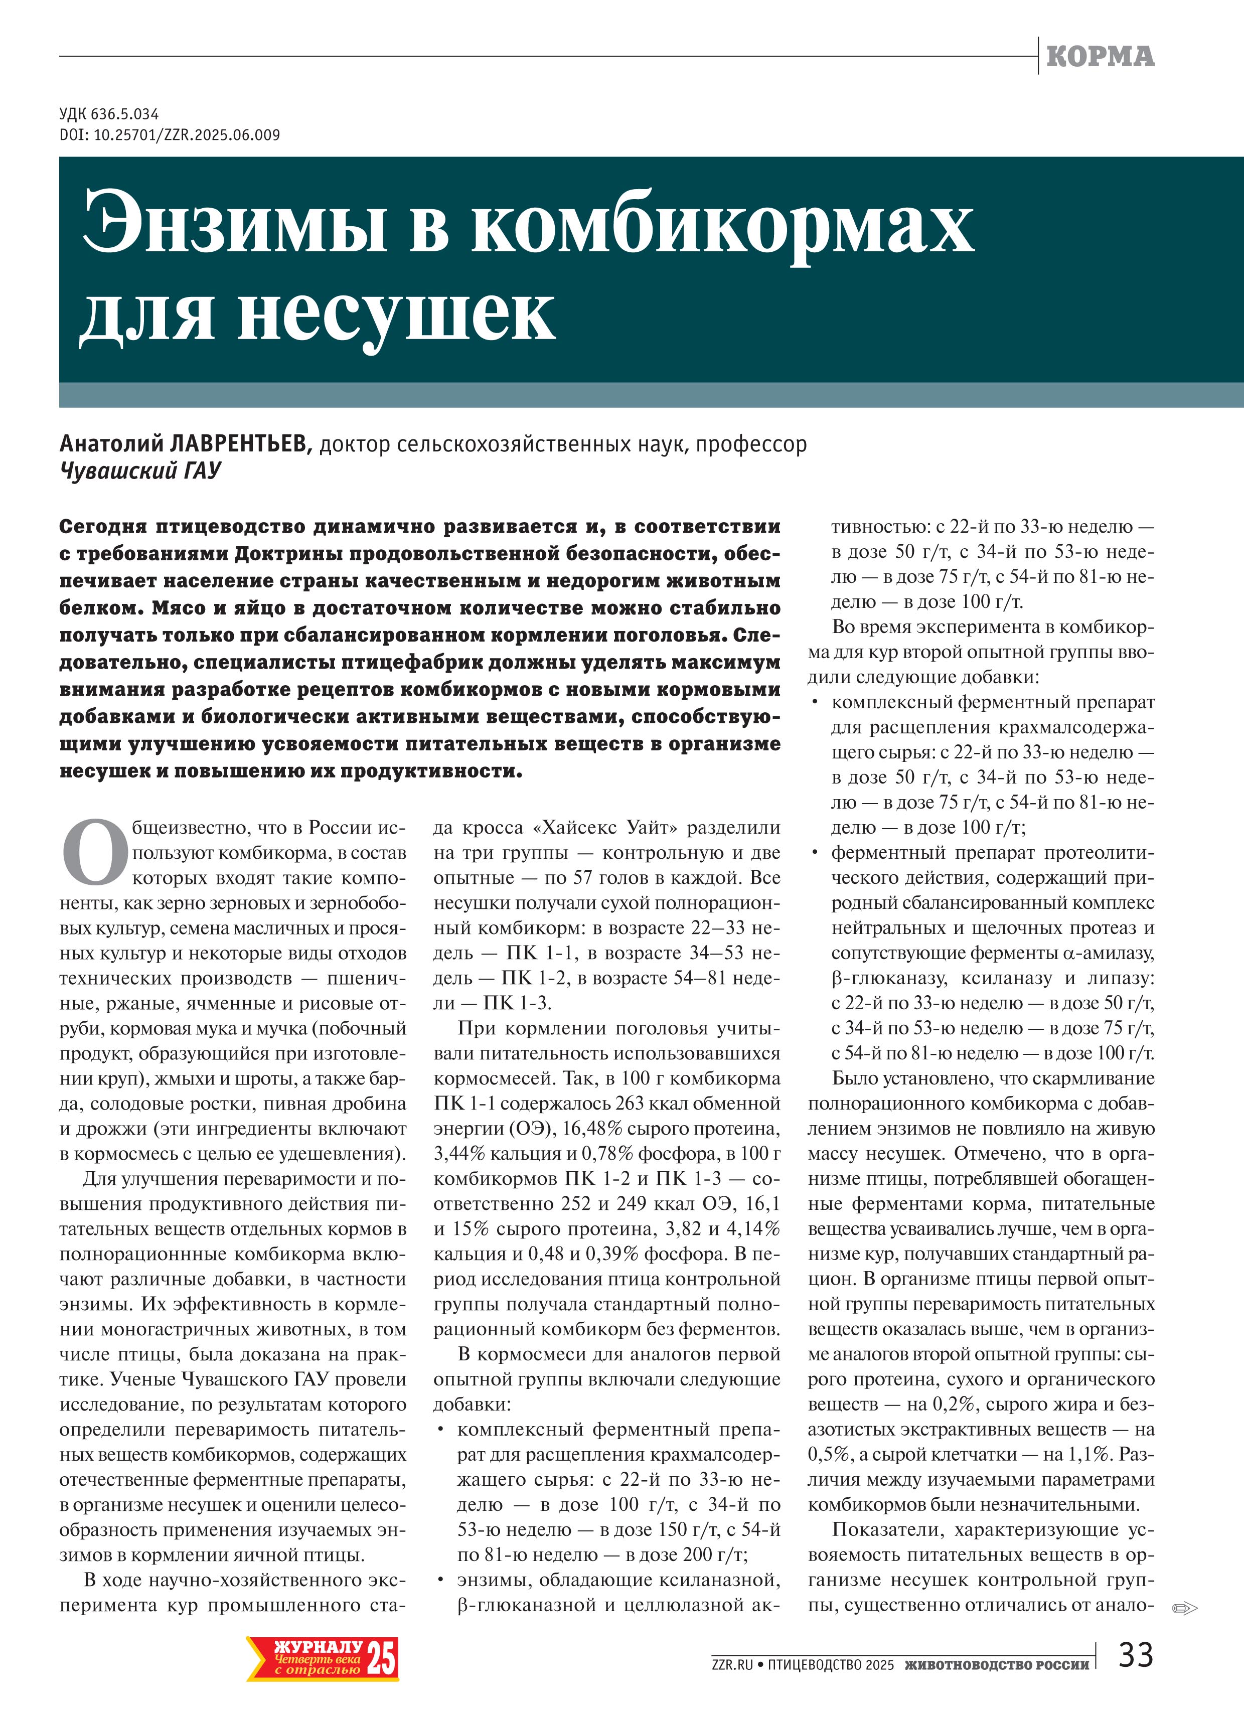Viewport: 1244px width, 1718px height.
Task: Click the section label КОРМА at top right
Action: pyautogui.click(x=1100, y=56)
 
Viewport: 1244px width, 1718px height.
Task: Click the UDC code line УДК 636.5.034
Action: pyautogui.click(x=109, y=114)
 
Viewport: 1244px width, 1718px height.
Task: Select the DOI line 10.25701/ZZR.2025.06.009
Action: pyautogui.click(x=170, y=135)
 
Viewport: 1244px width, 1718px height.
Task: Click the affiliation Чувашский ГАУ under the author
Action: pyautogui.click(x=140, y=471)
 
